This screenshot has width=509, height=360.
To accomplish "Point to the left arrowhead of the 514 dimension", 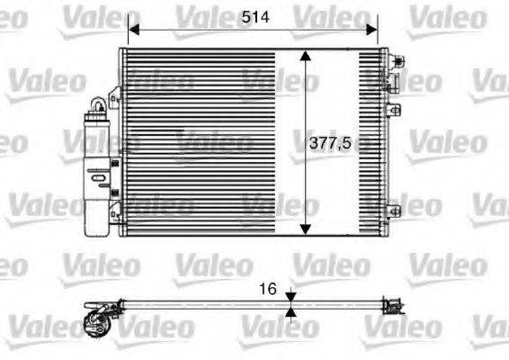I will pos(132,30).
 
